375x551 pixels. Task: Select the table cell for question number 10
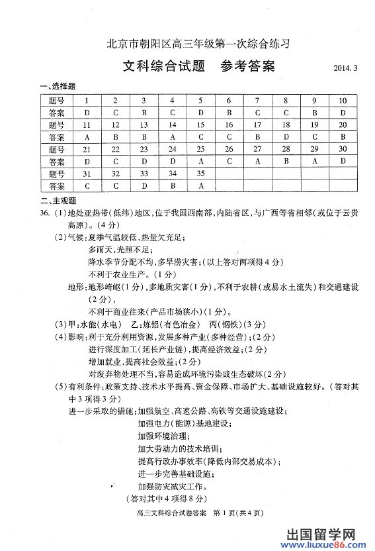click(x=343, y=101)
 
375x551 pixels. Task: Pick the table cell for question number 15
click(x=200, y=125)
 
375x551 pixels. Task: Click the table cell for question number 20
click(x=343, y=125)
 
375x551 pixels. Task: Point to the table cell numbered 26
click(x=229, y=149)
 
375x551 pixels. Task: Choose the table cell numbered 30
click(x=343, y=149)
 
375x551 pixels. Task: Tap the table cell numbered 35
click(x=200, y=174)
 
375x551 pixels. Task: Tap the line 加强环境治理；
click(x=163, y=436)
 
